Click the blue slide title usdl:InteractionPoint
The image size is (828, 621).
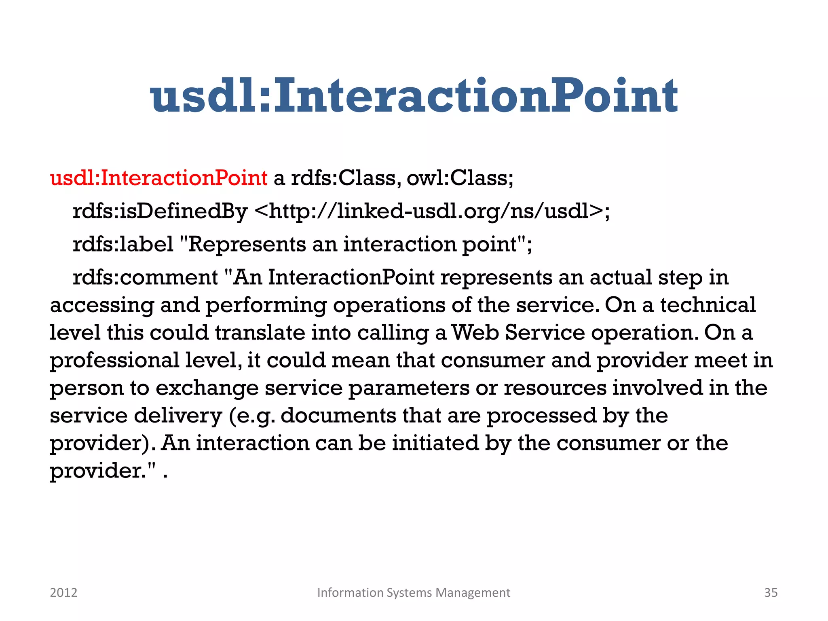click(x=414, y=96)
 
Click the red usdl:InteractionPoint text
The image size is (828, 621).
click(x=158, y=178)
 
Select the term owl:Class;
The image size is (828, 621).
click(x=460, y=178)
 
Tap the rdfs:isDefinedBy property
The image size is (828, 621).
click(x=160, y=211)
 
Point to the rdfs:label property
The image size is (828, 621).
click(x=123, y=244)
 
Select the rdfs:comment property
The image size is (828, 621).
click(x=145, y=278)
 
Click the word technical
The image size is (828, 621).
click(x=708, y=305)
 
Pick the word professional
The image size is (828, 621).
click(x=114, y=360)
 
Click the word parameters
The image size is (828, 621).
click(x=409, y=388)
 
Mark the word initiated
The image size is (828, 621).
click(x=435, y=443)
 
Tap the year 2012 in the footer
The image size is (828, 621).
click(x=63, y=593)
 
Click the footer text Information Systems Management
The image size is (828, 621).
click(x=414, y=593)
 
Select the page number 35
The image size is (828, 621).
click(x=771, y=593)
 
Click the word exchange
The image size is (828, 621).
click(x=207, y=388)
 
